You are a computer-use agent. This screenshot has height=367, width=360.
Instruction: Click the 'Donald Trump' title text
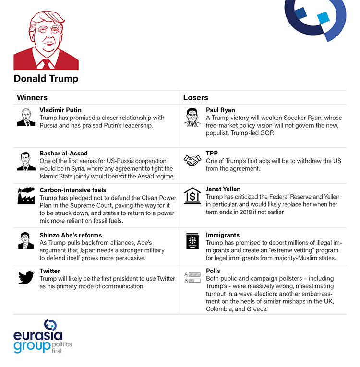(46, 78)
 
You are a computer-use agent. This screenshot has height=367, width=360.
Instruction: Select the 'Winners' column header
(32, 97)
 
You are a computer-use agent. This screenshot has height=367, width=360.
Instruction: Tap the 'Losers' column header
(195, 97)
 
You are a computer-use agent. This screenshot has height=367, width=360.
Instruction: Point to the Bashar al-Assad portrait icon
(26, 161)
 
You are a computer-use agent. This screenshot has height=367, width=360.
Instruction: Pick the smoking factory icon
(26, 197)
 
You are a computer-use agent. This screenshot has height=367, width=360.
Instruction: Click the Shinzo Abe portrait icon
(26, 240)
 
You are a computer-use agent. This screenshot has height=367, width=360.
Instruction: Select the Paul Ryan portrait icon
(192, 117)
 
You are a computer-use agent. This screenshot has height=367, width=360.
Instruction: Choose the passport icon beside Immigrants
(192, 241)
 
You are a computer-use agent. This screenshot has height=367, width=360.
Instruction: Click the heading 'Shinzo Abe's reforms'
(71, 235)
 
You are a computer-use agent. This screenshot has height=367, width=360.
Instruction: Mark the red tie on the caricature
(47, 64)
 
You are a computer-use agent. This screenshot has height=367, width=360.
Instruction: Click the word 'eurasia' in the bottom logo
(38, 336)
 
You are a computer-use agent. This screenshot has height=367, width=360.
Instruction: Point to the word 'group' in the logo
(32, 346)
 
